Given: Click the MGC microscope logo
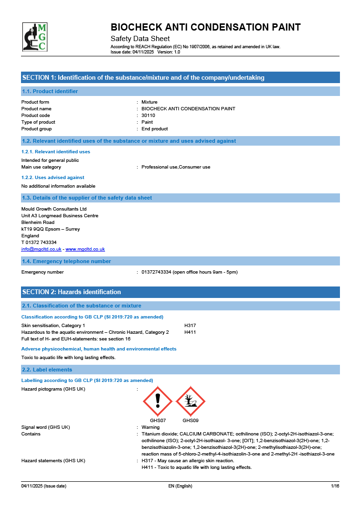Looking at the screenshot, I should click(35, 37).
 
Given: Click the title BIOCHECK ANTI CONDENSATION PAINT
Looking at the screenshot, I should click(205, 27).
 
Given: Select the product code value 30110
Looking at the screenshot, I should click(148, 116).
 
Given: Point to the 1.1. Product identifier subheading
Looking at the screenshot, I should click(50, 91).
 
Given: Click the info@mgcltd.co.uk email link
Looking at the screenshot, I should click(41, 249).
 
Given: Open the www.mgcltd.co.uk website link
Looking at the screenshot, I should click(85, 249).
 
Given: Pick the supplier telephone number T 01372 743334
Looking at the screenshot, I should click(39, 243).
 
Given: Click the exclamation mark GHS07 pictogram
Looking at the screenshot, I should click(158, 402).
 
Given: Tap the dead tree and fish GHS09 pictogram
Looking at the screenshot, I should click(191, 402).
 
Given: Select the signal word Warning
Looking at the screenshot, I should click(150, 427).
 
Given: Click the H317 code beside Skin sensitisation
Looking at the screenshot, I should click(190, 326).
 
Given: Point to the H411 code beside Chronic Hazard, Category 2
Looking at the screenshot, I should click(190, 332).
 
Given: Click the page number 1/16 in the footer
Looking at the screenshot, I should click(335, 486).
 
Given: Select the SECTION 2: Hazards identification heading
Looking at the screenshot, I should click(72, 292).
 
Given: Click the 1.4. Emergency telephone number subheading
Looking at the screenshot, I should click(66, 261).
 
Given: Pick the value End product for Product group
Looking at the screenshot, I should click(155, 129).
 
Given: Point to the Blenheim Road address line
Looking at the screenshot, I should click(38, 223).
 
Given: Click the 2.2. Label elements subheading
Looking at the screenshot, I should click(47, 370).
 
